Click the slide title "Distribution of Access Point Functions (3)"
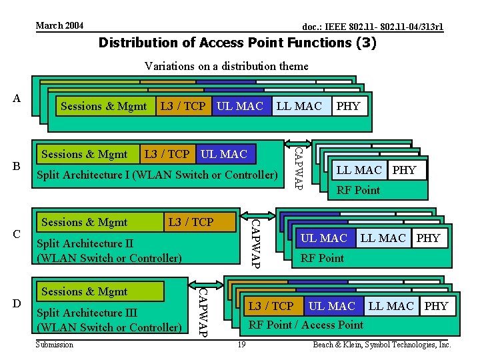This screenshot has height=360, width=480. pos(237,43)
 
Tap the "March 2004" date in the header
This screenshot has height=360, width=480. pos(59,25)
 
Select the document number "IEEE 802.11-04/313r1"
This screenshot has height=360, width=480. pos(373,27)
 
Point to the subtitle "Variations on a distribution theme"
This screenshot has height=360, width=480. pos(227,66)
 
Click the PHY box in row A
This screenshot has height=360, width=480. pos(348,105)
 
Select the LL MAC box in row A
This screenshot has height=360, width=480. pos(299,105)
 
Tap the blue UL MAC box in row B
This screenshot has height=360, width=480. pos(224,154)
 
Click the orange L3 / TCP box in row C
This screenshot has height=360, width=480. pos(191,222)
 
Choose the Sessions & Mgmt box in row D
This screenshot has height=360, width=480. pos(85,291)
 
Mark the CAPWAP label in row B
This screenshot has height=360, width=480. pos(299,164)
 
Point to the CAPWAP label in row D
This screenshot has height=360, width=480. pos(205,311)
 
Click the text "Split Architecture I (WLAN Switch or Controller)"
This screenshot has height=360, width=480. pos(156,175)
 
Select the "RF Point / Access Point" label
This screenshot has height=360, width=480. pos(306,325)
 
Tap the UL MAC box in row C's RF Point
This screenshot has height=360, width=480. pos(324,238)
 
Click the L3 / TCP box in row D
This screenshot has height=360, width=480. pos(271,306)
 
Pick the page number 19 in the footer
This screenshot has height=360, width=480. pos(242,345)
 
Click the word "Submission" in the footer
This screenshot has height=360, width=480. pos(55,345)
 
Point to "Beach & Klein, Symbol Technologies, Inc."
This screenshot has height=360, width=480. pos(382,345)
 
